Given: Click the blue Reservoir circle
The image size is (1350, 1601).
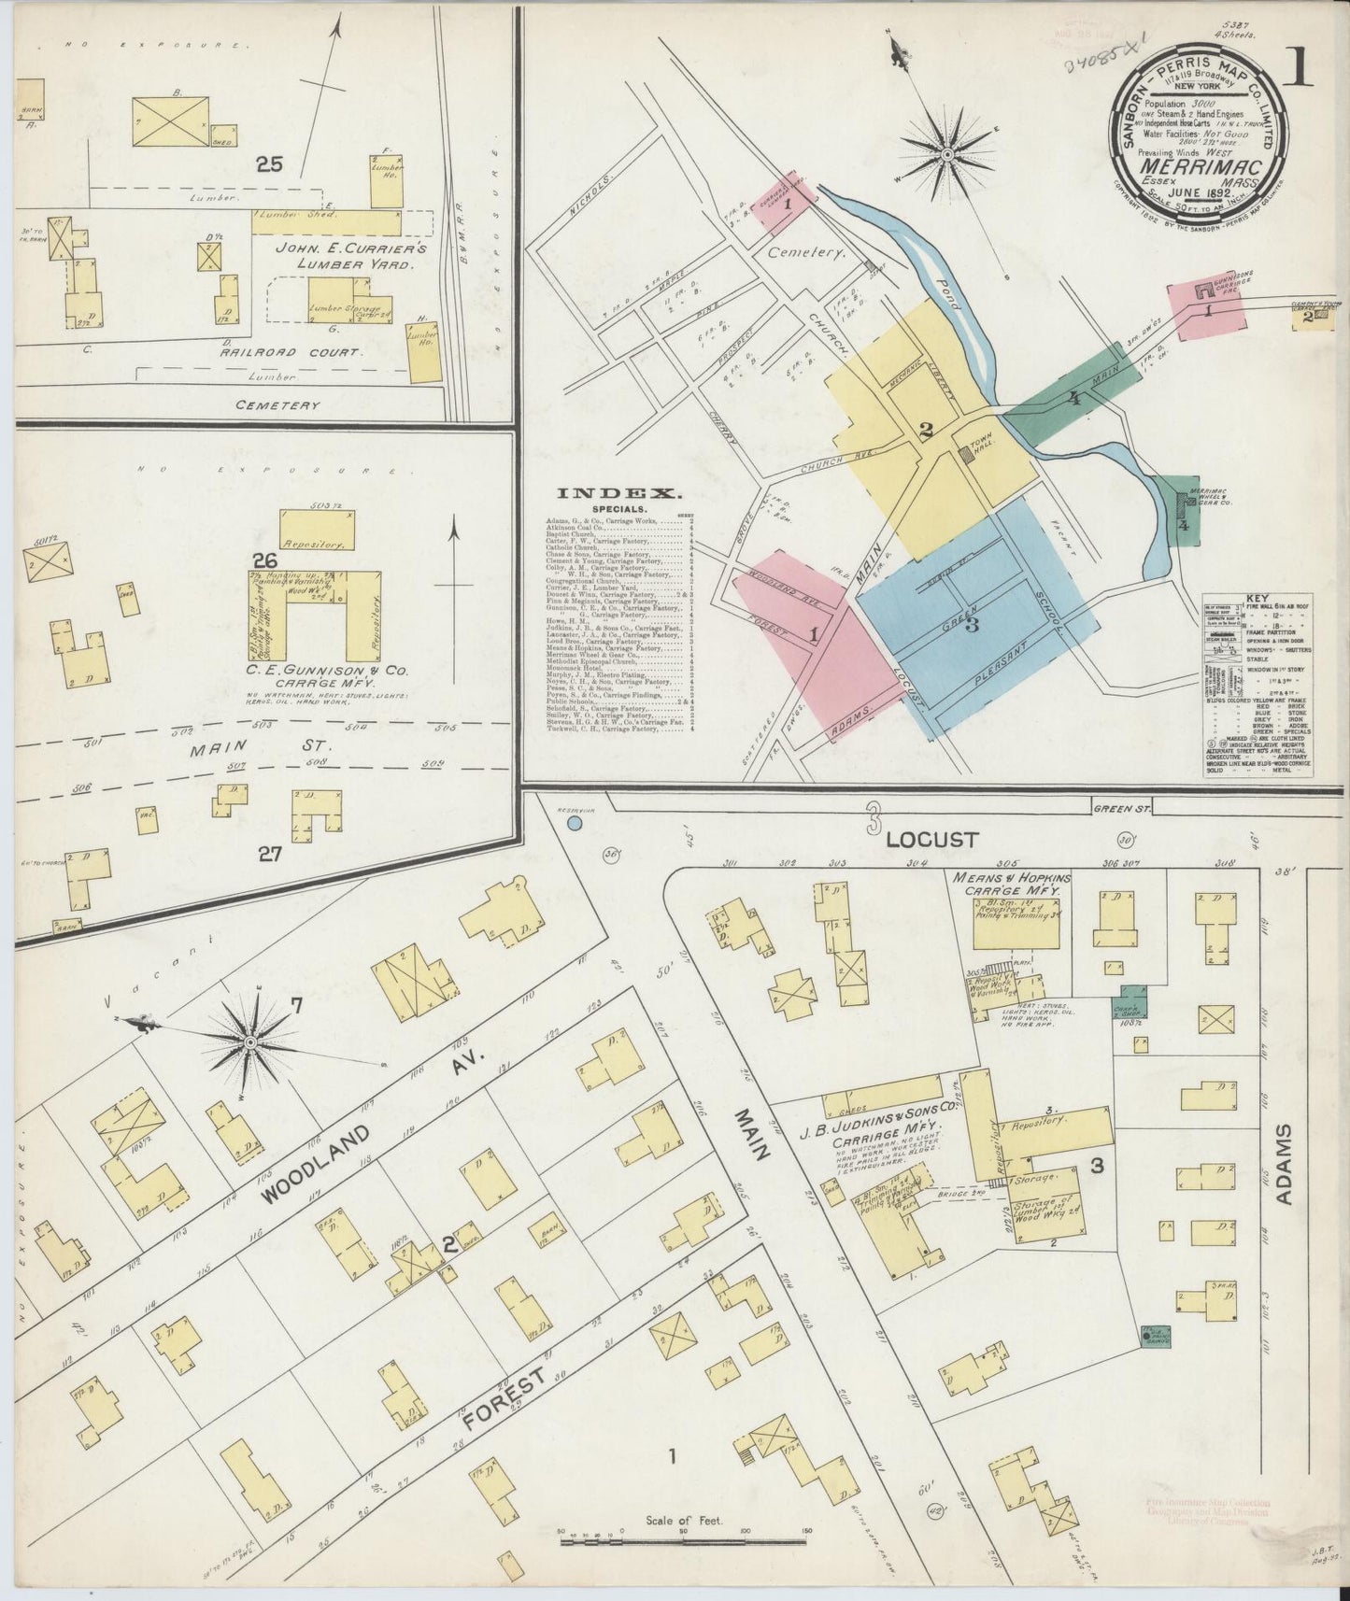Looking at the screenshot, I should coord(575,823).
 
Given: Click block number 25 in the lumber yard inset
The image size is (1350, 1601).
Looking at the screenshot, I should coord(270,166).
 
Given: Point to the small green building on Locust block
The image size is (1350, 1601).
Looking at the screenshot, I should coord(1130,1002).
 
